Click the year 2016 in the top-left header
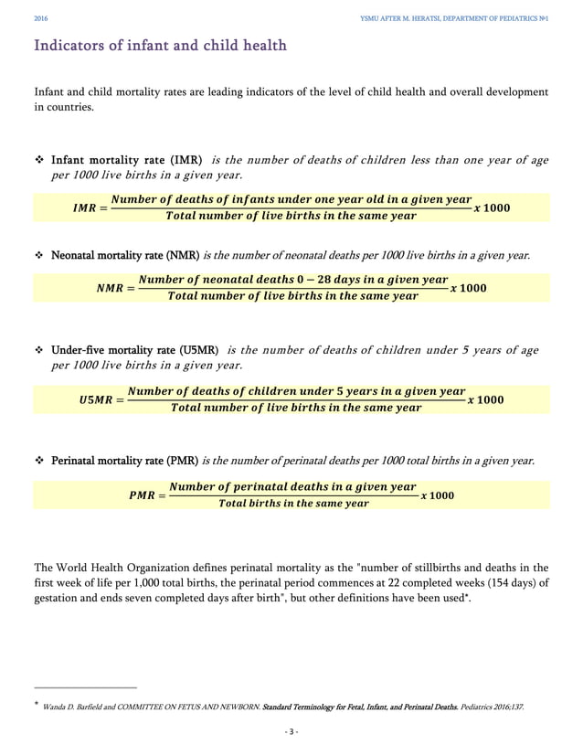(x=40, y=18)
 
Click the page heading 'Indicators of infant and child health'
(x=160, y=45)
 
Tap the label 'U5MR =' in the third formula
(x=100, y=400)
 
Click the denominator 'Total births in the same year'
(x=293, y=504)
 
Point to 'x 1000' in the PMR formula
(x=437, y=495)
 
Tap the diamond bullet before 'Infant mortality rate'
(x=40, y=161)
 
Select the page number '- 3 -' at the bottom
(x=291, y=731)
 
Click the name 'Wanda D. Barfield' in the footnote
(x=81, y=707)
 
